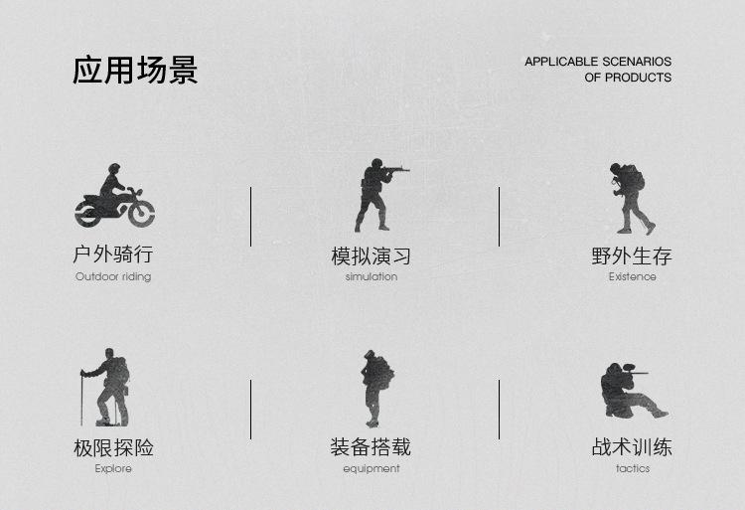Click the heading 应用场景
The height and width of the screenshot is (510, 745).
point(135,71)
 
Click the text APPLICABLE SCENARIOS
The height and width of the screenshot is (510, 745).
point(598,62)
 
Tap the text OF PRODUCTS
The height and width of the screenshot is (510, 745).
point(628,78)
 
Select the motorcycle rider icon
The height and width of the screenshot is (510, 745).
point(114,196)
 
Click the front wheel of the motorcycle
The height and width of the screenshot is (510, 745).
point(140,212)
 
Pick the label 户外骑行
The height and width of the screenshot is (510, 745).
point(113,255)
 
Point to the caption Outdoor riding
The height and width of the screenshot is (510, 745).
point(113,276)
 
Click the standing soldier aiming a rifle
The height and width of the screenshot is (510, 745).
point(374,193)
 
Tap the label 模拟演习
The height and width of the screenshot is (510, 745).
point(371,255)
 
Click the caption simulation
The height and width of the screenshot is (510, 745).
point(371,276)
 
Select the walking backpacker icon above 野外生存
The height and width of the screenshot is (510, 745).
point(629,198)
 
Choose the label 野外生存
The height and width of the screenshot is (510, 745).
point(632,255)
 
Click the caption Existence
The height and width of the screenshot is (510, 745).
point(632,276)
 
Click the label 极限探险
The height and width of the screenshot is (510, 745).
point(113,447)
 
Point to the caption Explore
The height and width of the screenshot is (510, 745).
point(113,468)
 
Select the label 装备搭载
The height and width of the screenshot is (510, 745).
point(371,447)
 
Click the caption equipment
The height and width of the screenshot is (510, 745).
point(371,468)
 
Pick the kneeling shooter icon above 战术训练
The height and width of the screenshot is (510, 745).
point(629,390)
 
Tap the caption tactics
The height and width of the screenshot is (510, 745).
point(632,468)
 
